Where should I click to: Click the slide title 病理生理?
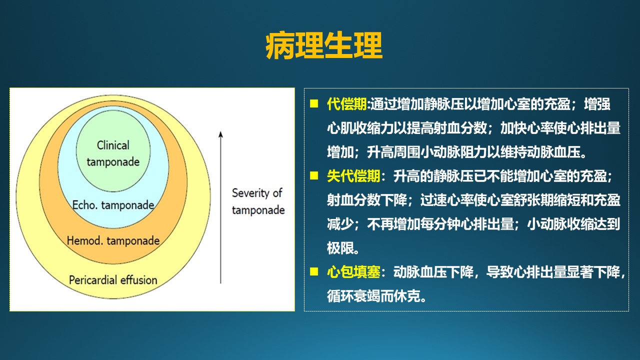click(324, 45)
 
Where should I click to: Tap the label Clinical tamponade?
click(113, 153)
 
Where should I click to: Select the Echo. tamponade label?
click(113, 205)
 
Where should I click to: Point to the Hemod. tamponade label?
click(113, 240)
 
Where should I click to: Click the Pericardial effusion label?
click(113, 280)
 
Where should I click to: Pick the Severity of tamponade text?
click(258, 201)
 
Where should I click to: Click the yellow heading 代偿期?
click(347, 104)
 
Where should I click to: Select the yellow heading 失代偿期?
click(353, 176)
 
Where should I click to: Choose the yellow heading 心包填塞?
click(353, 272)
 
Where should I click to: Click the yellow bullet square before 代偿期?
click(314, 103)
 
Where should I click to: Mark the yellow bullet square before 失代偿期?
click(314, 175)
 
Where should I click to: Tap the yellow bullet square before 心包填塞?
click(314, 271)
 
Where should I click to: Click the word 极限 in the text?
click(340, 248)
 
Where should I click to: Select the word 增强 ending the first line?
click(597, 104)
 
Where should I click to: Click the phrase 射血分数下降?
click(367, 200)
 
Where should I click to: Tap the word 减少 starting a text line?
click(340, 224)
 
